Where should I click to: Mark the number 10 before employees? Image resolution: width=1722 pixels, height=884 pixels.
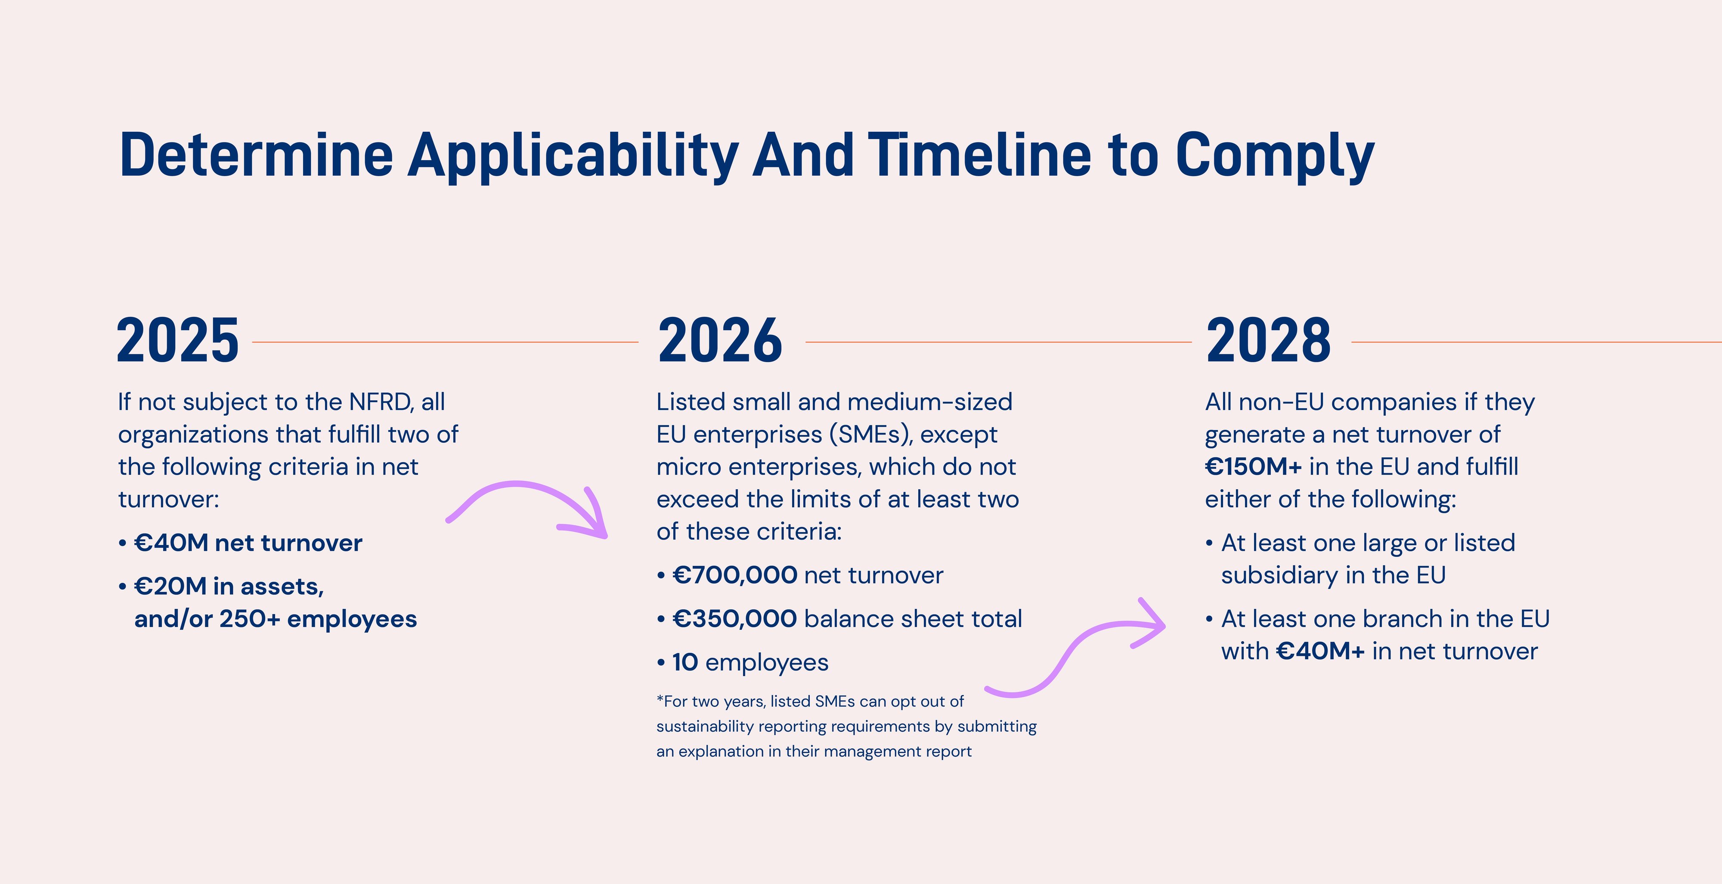click(x=684, y=663)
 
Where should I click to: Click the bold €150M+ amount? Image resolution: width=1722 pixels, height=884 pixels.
click(x=1253, y=467)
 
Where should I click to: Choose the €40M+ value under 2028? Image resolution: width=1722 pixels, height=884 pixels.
click(x=1320, y=651)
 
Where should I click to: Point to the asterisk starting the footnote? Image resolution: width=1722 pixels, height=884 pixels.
click(x=660, y=700)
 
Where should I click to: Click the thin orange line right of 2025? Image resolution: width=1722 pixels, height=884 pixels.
click(x=445, y=342)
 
